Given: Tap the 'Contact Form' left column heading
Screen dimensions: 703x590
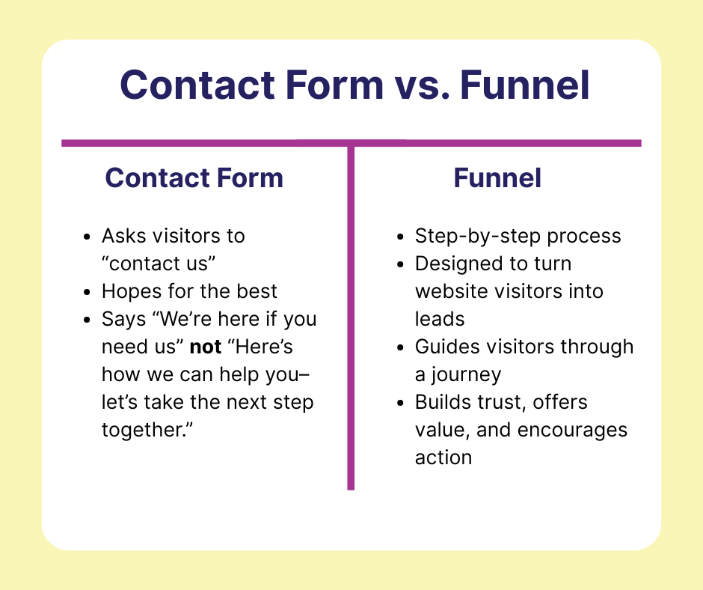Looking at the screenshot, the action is [x=194, y=177].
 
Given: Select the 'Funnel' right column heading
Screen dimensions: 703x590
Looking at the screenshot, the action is [x=497, y=177].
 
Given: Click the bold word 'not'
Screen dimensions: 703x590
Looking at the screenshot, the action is [x=206, y=347].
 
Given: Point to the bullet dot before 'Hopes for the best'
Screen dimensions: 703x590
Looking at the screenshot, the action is [x=87, y=292].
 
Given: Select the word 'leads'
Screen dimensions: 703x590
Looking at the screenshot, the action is [x=440, y=319].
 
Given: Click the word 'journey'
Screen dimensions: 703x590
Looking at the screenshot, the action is [x=466, y=375].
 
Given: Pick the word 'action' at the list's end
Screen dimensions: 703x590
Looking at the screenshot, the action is [x=443, y=457].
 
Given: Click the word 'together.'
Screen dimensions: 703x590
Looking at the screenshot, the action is [x=147, y=431].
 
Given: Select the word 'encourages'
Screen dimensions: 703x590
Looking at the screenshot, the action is [x=573, y=431].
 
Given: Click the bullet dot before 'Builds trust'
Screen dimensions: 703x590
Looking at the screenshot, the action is [x=400, y=403].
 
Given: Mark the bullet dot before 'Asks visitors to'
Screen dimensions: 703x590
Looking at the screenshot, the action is [x=87, y=237].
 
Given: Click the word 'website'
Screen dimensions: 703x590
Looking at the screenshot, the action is [x=451, y=291].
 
